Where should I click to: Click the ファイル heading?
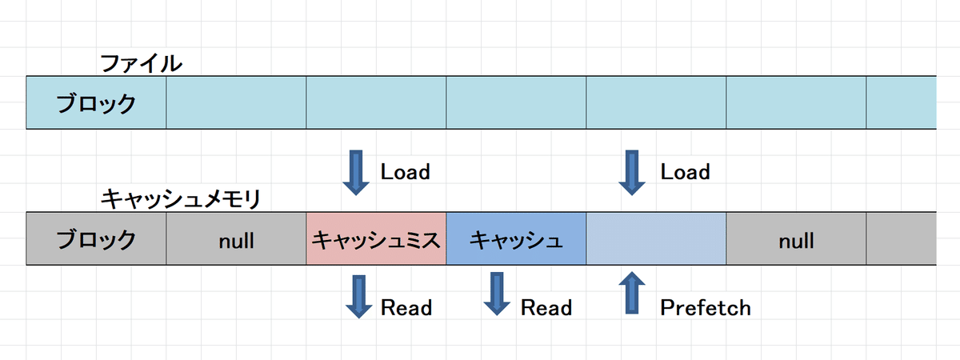tap(141, 63)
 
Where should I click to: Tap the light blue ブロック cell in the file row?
tap(96, 103)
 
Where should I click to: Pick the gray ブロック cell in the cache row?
tap(96, 238)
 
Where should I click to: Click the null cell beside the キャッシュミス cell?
tap(236, 239)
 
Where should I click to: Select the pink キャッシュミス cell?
tap(376, 238)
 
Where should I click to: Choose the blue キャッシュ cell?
tap(516, 238)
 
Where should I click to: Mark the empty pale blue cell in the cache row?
tap(656, 238)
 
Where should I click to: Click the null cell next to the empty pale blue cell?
tap(796, 239)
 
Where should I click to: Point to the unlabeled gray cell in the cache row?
tap(902, 238)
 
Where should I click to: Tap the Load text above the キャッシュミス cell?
tap(405, 172)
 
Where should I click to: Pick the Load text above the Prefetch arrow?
tap(685, 172)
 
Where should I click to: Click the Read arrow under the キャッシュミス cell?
tap(356, 294)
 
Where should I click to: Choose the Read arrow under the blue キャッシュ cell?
tap(497, 294)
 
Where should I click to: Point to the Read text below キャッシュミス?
tap(406, 307)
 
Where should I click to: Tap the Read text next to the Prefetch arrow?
tap(546, 307)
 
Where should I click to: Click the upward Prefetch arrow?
tap(633, 293)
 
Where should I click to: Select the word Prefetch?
tap(706, 307)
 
